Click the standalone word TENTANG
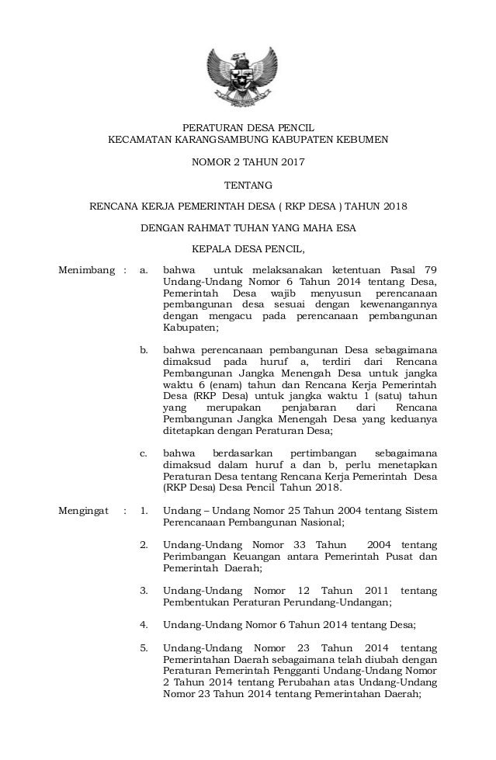point(248,186)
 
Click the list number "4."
point(144,624)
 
